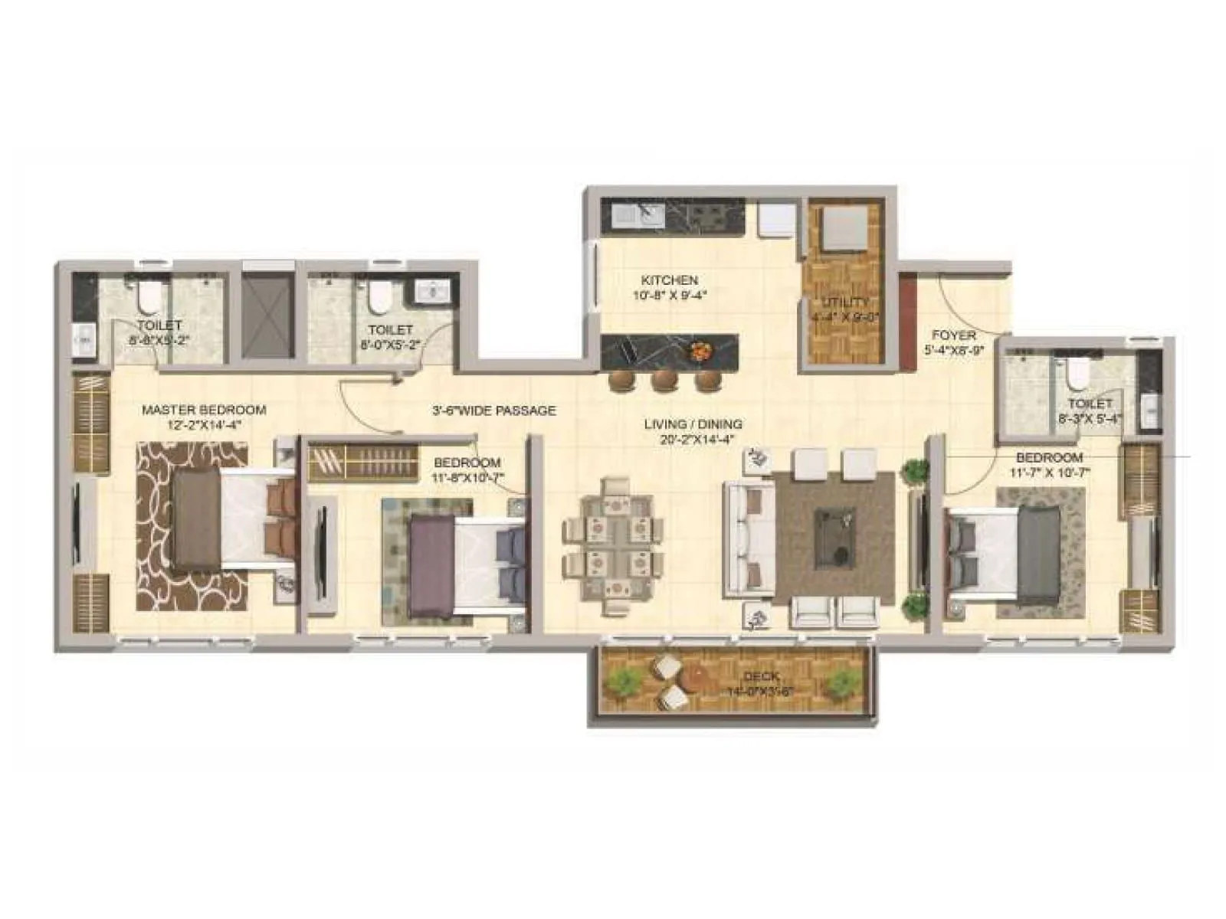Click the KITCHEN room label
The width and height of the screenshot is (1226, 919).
point(669,280)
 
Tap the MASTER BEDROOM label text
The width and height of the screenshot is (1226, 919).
point(204,410)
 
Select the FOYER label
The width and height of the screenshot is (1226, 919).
point(954,335)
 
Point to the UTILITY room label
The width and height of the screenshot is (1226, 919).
point(845,302)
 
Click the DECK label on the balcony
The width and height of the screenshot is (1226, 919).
point(761,676)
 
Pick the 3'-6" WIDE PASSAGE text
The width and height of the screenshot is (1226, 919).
point(493,410)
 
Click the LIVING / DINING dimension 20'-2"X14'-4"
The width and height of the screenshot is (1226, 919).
point(693,440)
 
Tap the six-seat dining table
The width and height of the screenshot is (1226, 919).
point(612,546)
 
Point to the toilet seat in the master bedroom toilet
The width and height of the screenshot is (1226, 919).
point(148,295)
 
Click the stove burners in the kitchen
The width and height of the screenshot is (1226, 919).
point(706,216)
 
